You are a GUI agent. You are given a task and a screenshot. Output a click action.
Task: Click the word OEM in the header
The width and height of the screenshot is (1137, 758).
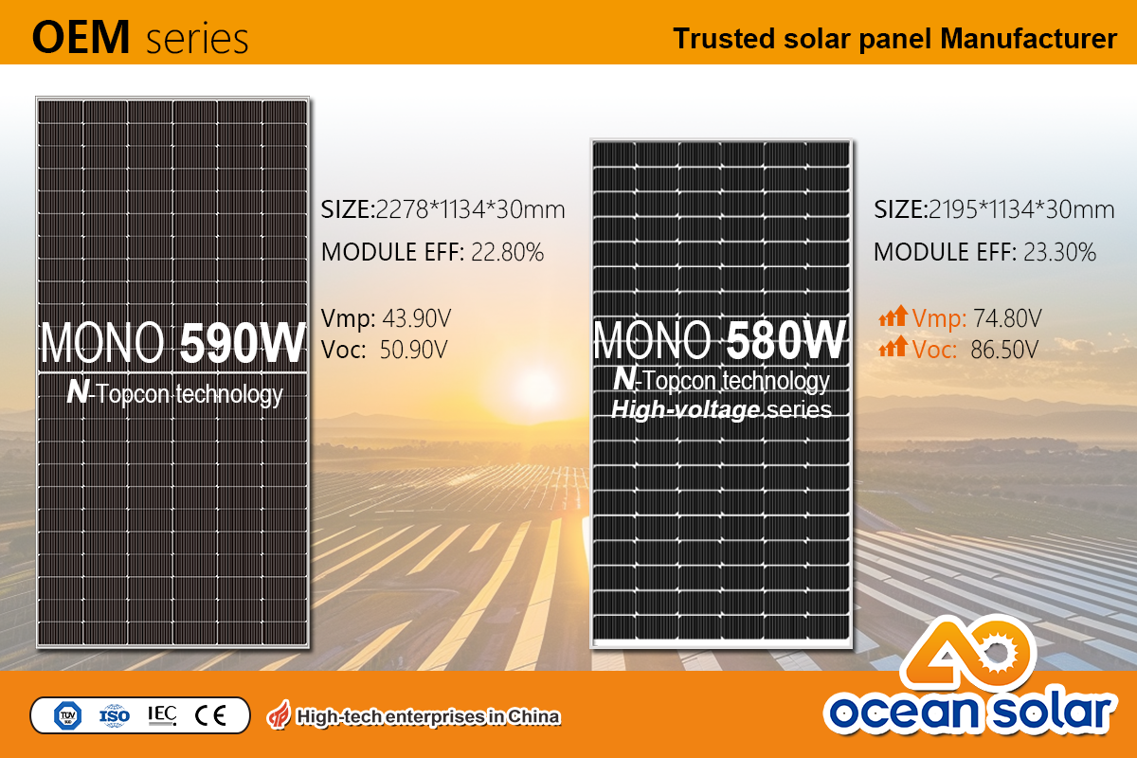pyautogui.click(x=81, y=37)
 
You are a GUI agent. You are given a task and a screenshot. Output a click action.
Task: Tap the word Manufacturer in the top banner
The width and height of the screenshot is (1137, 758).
pyautogui.click(x=1028, y=39)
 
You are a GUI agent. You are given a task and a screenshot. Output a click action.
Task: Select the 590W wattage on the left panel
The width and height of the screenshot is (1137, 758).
pyautogui.click(x=243, y=343)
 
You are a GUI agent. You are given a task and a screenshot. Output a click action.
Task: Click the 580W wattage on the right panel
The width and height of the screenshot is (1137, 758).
pyautogui.click(x=785, y=339)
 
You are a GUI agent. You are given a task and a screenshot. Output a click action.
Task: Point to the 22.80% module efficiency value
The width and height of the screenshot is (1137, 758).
pyautogui.click(x=507, y=252)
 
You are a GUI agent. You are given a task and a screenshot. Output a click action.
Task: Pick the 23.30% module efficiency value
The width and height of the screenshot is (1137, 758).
pyautogui.click(x=1059, y=252)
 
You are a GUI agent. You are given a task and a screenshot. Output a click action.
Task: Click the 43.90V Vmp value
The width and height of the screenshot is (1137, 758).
pyautogui.click(x=417, y=318)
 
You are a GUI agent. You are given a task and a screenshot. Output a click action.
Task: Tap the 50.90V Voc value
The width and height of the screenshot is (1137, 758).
pyautogui.click(x=414, y=350)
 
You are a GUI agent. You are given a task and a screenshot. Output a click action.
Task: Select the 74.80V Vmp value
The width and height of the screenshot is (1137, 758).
pyautogui.click(x=1007, y=318)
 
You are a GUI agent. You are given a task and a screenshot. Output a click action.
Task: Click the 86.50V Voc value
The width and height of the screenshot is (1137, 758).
pyautogui.click(x=1004, y=350)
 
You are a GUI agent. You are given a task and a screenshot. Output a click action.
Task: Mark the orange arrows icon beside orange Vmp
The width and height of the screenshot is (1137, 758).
pyautogui.click(x=893, y=316)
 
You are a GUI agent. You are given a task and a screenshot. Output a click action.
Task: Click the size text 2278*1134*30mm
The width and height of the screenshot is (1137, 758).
pyautogui.click(x=470, y=209)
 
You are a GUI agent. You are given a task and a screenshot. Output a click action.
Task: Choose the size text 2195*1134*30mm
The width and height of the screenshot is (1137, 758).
pyautogui.click(x=1021, y=209)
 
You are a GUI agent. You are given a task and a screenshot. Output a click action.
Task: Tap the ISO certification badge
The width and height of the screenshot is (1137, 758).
pyautogui.click(x=115, y=716)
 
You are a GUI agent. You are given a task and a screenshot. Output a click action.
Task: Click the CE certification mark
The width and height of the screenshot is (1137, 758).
pyautogui.click(x=210, y=716)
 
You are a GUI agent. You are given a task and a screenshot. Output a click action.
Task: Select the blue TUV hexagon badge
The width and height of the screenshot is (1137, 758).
pyautogui.click(x=68, y=716)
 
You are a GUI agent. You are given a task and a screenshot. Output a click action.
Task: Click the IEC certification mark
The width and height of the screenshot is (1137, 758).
pyautogui.click(x=162, y=714)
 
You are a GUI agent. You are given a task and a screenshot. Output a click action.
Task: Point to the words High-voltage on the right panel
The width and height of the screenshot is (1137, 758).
pyautogui.click(x=685, y=409)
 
